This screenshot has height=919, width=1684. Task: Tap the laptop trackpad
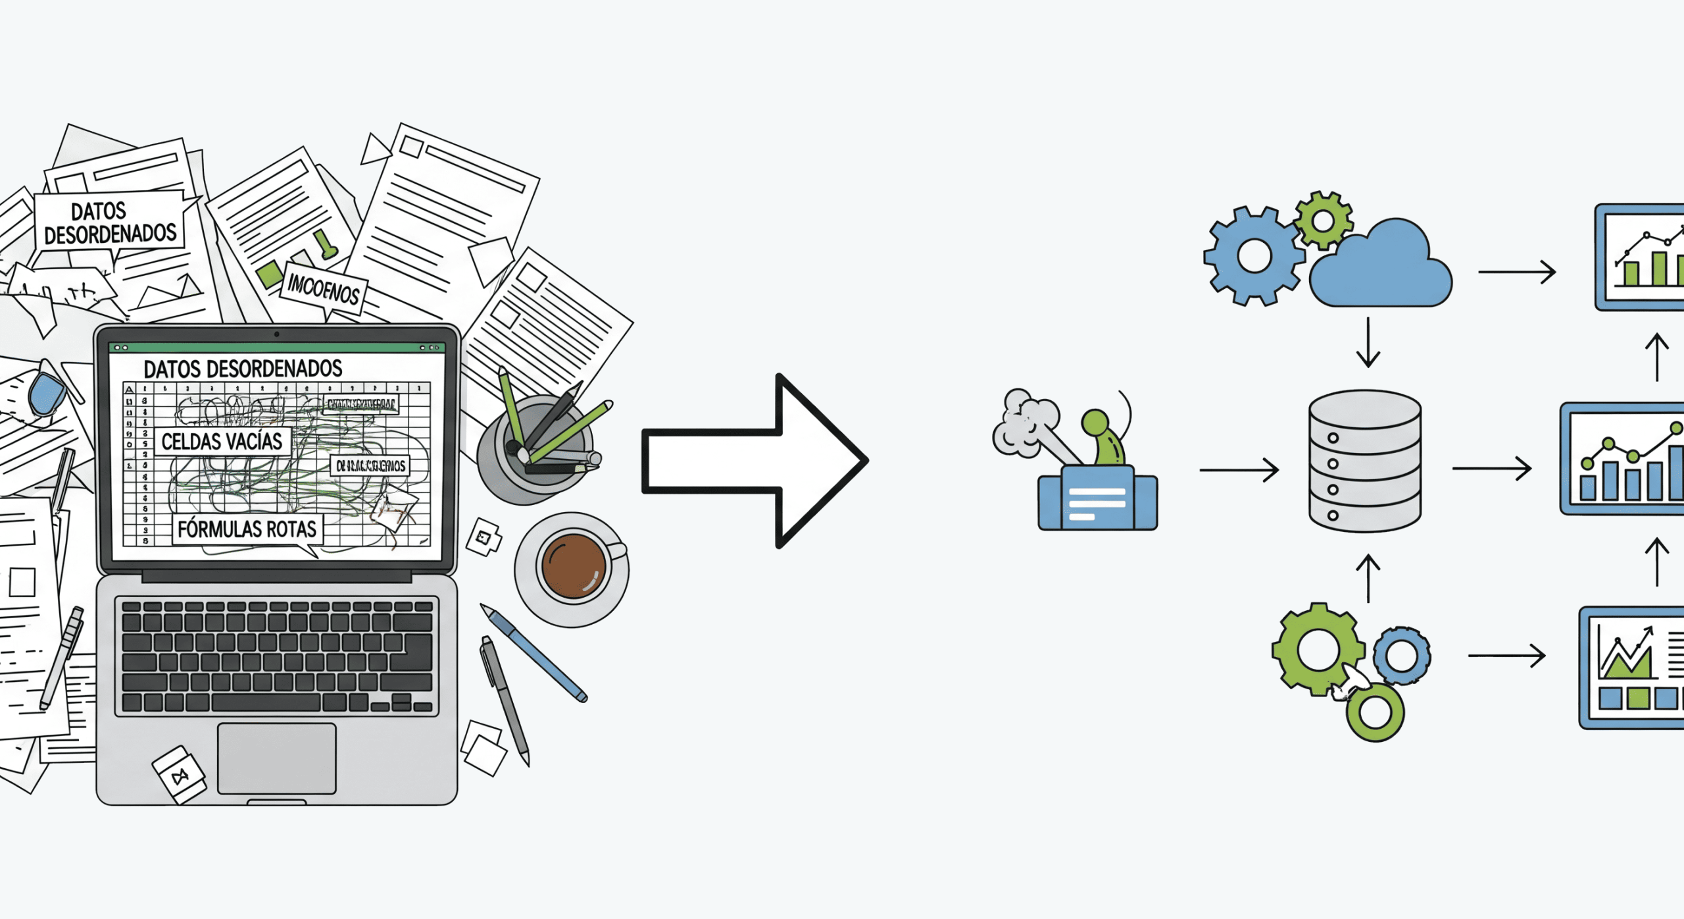[x=276, y=758]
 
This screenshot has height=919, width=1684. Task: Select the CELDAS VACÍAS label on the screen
[x=222, y=442]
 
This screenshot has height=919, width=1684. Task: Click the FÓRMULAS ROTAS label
[x=247, y=529]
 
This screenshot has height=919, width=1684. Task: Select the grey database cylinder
[x=1365, y=461]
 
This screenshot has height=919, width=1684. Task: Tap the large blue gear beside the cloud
[x=1254, y=257]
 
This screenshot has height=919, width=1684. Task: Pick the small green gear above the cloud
[x=1323, y=221]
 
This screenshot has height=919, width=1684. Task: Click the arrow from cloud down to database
[x=1368, y=342]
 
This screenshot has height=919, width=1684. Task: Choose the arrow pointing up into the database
[x=1368, y=578]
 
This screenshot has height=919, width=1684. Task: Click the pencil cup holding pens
[x=533, y=454]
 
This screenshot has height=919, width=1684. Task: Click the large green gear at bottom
[x=1318, y=648]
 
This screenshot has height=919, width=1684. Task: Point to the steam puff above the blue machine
[x=1023, y=421]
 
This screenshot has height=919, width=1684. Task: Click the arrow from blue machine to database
[x=1238, y=470]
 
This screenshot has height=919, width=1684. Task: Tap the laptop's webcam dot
[x=276, y=334]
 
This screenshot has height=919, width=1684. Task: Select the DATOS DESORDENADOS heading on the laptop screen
[x=243, y=369]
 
